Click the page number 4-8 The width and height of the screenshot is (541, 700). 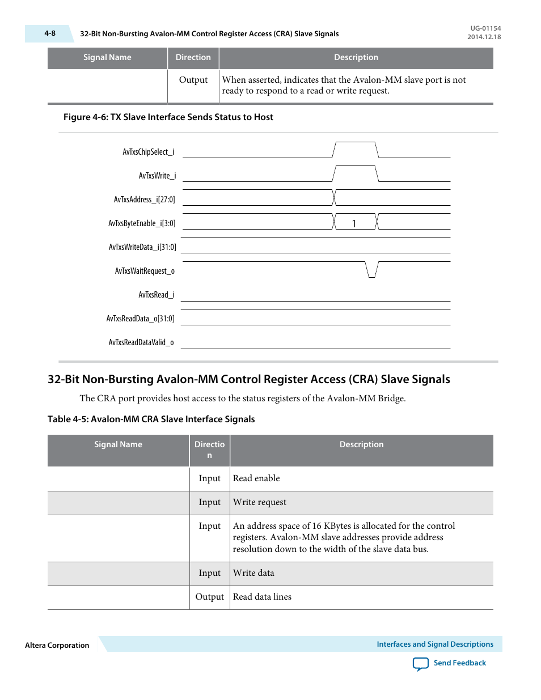[50, 33]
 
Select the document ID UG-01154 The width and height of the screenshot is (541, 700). [485, 28]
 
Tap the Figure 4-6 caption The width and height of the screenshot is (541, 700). [168, 117]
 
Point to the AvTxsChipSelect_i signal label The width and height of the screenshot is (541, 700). [149, 152]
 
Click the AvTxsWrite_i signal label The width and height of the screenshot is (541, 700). [157, 176]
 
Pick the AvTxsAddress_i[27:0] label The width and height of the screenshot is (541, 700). [144, 200]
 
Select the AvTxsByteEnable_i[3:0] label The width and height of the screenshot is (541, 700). [142, 223]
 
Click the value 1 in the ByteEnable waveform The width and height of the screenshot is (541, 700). [354, 224]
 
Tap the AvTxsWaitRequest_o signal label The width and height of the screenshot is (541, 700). [145, 271]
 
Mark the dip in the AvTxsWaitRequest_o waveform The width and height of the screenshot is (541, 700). [371, 270]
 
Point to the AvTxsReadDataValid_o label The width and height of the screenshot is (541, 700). [141, 342]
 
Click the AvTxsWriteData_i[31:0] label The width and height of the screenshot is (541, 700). [142, 247]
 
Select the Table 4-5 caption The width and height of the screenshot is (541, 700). [151, 419]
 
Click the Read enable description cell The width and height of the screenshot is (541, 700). [256, 478]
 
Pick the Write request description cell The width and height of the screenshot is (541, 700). [260, 502]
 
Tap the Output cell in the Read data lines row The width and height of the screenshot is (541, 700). [209, 597]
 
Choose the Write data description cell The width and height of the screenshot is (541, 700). [253, 573]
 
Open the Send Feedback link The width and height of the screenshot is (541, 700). [459, 663]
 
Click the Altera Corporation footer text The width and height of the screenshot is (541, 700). [57, 645]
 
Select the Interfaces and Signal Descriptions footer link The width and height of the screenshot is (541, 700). [435, 644]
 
